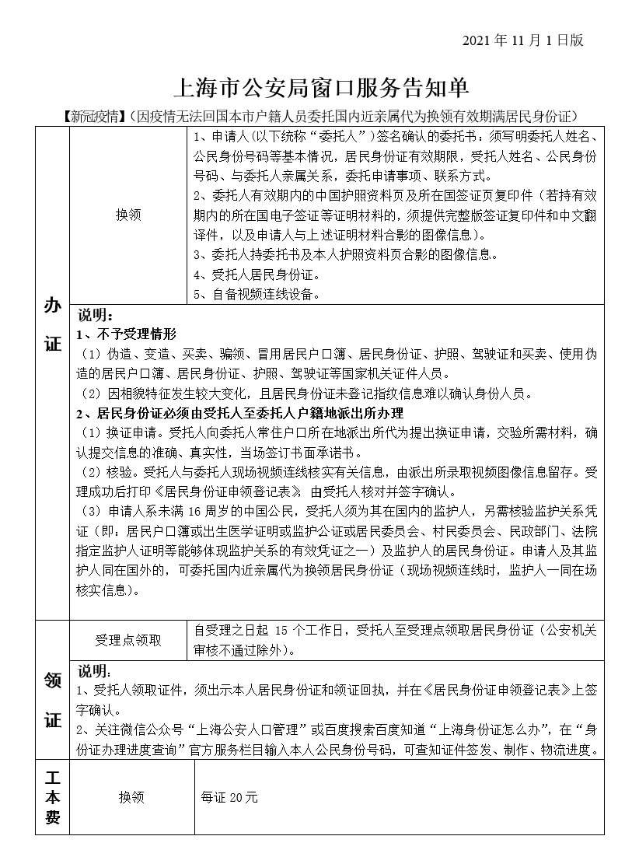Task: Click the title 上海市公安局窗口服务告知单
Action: coord(319,88)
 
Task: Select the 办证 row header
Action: coord(52,324)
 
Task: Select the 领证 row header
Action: coord(52,700)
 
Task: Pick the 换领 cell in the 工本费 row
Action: coord(131,798)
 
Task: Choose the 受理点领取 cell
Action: coord(128,640)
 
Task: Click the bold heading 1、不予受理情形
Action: coord(127,334)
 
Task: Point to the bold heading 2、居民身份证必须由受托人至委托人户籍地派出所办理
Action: coord(240,412)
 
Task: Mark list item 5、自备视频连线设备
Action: coord(256,294)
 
